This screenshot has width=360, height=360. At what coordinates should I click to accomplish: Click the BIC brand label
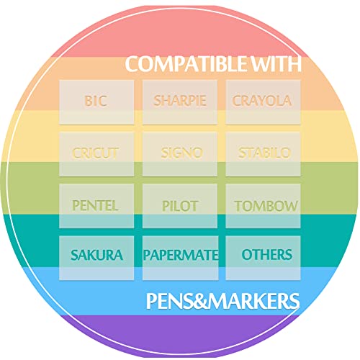tap(96, 101)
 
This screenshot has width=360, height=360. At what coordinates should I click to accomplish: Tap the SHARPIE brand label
tap(180, 101)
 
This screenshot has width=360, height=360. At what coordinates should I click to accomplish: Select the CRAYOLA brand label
tap(262, 101)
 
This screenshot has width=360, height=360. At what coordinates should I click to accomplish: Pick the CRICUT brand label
tap(95, 153)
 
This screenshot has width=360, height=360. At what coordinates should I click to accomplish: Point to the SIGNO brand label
tap(182, 153)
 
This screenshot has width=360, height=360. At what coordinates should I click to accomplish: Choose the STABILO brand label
tap(264, 153)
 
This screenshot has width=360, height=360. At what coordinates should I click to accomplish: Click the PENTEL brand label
tap(95, 206)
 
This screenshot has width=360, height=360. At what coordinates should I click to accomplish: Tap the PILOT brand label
tap(180, 206)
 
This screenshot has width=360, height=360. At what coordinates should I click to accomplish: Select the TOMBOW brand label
tap(266, 206)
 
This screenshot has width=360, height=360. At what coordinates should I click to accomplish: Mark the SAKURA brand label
tap(97, 255)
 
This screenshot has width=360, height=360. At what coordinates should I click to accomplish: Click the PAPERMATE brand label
tap(181, 255)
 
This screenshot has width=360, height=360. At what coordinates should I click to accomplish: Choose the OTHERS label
tap(267, 254)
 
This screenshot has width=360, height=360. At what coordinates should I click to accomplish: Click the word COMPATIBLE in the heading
tap(186, 64)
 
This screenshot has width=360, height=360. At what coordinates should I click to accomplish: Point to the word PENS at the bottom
tap(171, 301)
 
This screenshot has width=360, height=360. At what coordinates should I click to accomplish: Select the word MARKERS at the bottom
tap(255, 301)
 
